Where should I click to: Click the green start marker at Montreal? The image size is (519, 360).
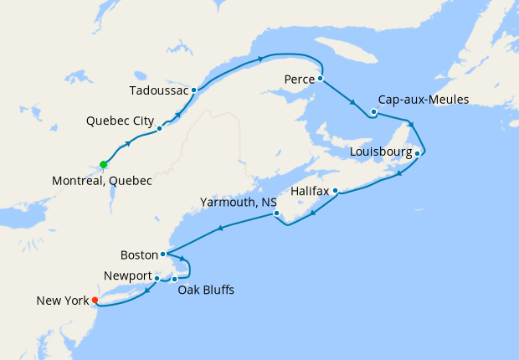tap(104, 164)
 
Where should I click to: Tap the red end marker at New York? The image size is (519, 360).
tap(95, 300)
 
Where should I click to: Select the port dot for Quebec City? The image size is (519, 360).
tap(159, 129)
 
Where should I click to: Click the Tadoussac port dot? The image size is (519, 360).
tap(194, 90)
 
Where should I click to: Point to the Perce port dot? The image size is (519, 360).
tap(321, 79)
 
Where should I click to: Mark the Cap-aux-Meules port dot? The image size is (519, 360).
tap(373, 111)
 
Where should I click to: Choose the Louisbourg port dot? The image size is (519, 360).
tap(417, 153)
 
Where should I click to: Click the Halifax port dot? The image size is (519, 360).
tap(336, 191)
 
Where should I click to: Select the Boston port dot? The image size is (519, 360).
tap(162, 254)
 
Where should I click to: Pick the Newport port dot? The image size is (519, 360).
tap(157, 277)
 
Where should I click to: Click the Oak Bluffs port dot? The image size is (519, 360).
tap(174, 279)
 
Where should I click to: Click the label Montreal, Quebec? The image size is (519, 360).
tap(101, 181)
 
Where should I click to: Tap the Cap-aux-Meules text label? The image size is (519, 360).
tap(423, 100)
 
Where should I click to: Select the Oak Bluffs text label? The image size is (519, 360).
tap(206, 291)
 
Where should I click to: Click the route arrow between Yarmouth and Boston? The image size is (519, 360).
tap(220, 228)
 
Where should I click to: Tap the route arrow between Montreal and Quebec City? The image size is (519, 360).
tap(129, 143)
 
